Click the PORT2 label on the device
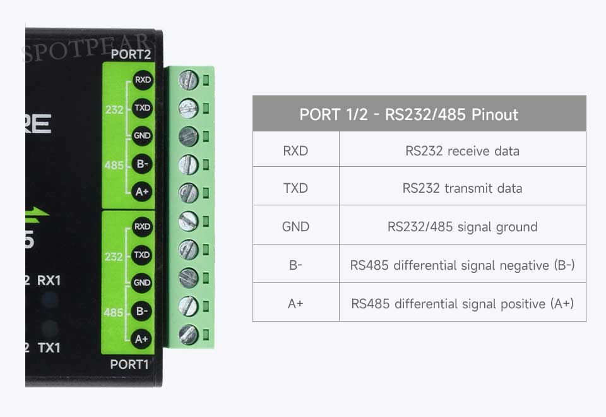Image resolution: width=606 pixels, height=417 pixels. click(131, 54)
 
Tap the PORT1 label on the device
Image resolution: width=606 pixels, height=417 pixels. click(129, 365)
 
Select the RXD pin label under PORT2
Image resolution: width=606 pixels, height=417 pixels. click(143, 80)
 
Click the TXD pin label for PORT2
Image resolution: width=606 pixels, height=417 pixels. click(142, 107)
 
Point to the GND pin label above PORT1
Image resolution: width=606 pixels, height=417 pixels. click(142, 282)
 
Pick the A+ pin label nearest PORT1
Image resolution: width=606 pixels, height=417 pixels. click(141, 339)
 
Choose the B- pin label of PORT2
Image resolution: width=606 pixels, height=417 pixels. click(142, 164)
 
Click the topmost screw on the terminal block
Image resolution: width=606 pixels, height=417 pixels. click(189, 80)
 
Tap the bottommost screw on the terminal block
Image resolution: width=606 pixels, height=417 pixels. click(189, 335)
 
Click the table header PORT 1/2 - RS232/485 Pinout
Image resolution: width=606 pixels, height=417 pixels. click(408, 114)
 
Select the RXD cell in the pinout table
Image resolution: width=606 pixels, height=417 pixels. click(295, 150)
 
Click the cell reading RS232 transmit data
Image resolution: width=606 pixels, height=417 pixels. click(462, 188)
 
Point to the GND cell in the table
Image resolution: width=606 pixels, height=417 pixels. click(295, 226)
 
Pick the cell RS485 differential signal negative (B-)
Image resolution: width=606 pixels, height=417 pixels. click(462, 265)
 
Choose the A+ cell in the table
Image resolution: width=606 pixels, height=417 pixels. click(295, 304)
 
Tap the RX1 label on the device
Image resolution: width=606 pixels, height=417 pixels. click(49, 280)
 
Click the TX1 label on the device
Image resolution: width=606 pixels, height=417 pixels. click(49, 347)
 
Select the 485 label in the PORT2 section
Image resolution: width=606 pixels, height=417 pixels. click(114, 165)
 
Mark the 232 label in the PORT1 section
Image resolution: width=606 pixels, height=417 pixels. click(114, 257)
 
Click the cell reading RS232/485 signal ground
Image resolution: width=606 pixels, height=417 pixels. click(462, 227)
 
